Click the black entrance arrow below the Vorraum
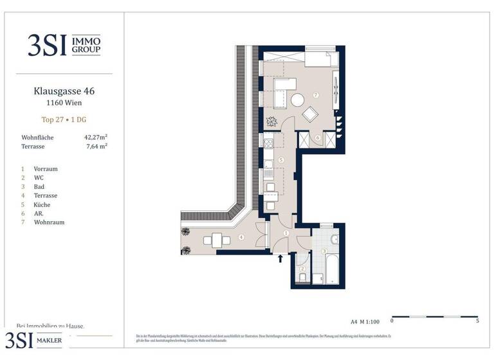(x=280, y=259)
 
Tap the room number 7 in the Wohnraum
(x=315, y=94)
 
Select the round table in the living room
(x=298, y=100)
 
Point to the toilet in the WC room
(x=302, y=278)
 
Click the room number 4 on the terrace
(x=241, y=238)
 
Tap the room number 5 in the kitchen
(x=281, y=160)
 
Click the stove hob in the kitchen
(x=268, y=143)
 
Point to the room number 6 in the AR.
(x=317, y=138)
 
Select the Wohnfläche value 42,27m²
(x=95, y=137)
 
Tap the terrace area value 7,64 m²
(x=96, y=146)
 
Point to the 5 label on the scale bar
(x=477, y=320)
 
